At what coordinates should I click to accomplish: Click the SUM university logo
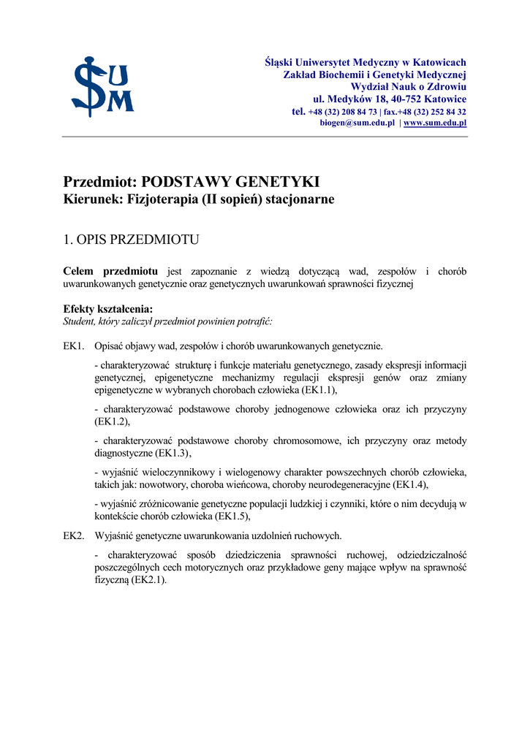(102, 86)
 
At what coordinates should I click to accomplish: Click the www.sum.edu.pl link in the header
(435, 123)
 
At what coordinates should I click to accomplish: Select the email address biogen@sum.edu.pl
(357, 123)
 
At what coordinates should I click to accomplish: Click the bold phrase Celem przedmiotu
(110, 272)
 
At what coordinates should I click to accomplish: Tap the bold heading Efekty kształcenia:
(108, 309)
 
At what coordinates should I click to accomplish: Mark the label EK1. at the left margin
(74, 346)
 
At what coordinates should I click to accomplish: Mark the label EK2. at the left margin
(74, 535)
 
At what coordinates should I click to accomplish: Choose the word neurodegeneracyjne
(343, 484)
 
